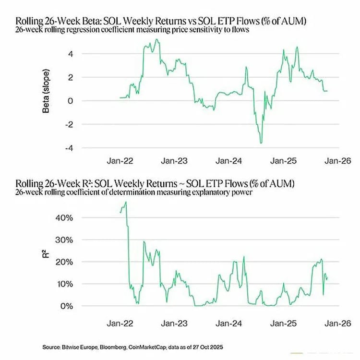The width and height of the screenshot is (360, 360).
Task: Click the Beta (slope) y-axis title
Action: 46,91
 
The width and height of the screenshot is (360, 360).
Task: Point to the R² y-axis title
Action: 46,254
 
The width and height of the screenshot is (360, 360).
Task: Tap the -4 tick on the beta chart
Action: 69,148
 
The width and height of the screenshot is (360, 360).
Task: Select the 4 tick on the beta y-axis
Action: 71,54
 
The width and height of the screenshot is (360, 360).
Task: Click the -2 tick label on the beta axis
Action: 69,125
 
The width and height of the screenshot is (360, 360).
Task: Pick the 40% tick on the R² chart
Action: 64,217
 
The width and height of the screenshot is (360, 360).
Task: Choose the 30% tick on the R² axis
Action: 64,240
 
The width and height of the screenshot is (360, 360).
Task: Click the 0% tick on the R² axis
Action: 67,306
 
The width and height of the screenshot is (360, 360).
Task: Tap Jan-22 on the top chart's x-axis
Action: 120,161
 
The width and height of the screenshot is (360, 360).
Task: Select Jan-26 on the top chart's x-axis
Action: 338,161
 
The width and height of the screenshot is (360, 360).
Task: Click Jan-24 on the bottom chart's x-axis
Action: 228,323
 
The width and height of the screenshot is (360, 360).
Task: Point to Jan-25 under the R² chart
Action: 283,323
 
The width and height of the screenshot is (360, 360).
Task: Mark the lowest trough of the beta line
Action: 261,143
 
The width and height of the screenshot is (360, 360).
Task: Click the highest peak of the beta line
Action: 157,39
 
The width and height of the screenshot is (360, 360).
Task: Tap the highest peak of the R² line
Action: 126,202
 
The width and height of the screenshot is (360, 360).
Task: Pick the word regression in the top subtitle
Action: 83,30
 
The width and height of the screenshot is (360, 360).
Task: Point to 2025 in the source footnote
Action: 217,347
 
